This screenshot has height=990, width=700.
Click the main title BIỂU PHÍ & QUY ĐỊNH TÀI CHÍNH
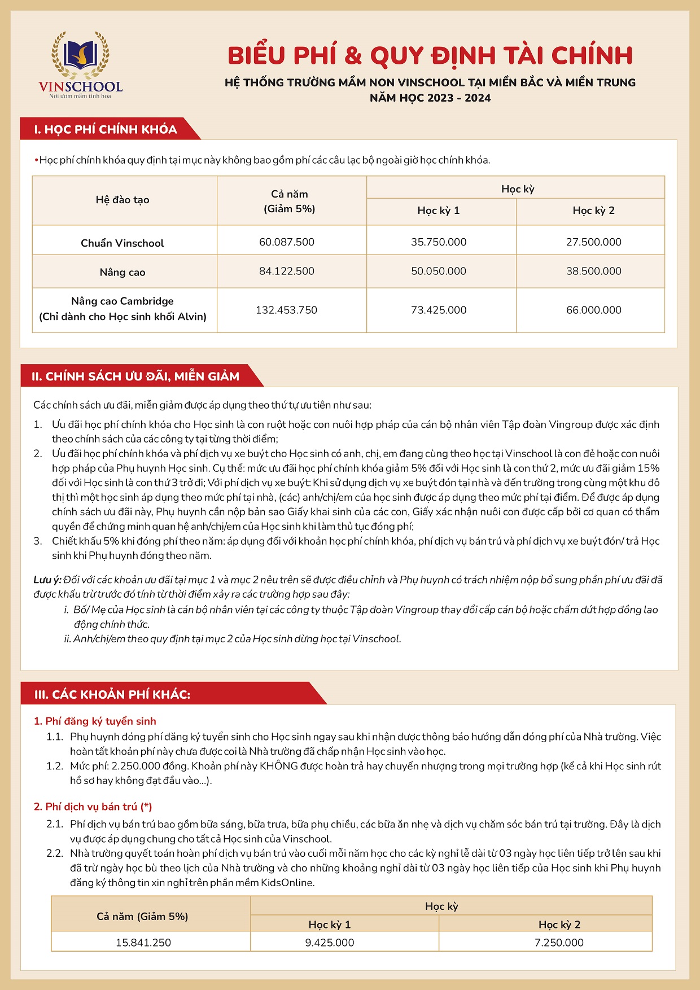click(x=430, y=56)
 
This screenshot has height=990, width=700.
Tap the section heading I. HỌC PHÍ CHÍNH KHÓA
click(x=105, y=129)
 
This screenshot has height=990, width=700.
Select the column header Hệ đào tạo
click(x=123, y=200)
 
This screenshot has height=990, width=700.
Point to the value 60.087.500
click(x=287, y=242)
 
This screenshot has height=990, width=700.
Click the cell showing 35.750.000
click(x=439, y=242)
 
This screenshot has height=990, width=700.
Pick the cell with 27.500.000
click(x=593, y=242)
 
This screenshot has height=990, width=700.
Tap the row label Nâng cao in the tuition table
click(x=123, y=272)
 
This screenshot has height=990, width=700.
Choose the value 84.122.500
click(x=287, y=271)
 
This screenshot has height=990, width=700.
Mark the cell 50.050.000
click(x=439, y=271)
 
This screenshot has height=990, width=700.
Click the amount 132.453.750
click(x=287, y=310)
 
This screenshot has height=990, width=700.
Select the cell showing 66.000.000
click(x=593, y=310)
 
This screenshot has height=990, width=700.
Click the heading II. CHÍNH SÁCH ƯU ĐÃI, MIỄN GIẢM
click(x=135, y=376)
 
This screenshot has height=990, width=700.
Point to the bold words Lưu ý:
click(x=47, y=580)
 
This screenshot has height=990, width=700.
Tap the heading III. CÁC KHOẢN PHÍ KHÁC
click(x=112, y=694)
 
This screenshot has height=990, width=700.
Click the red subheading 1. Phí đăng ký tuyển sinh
click(x=95, y=721)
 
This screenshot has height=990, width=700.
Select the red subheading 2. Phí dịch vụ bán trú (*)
click(x=93, y=807)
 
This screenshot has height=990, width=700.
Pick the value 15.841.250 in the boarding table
click(x=143, y=943)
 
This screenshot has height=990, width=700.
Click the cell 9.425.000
click(x=330, y=943)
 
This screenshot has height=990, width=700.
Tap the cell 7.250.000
click(x=559, y=943)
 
